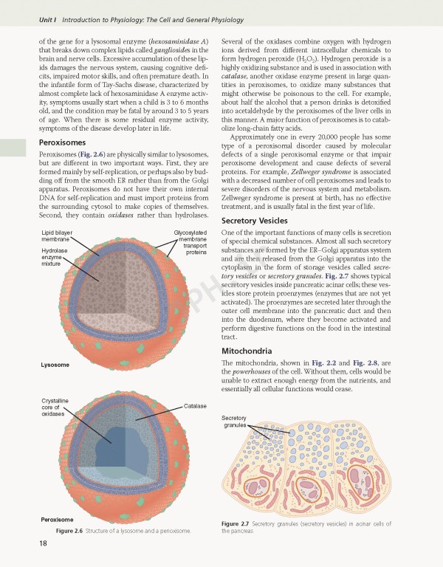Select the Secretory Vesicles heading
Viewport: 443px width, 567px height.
(255, 221)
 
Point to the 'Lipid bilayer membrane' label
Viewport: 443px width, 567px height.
(56, 236)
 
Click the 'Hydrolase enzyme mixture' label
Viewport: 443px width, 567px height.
(55, 257)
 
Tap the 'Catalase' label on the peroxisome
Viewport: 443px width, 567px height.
(195, 407)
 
